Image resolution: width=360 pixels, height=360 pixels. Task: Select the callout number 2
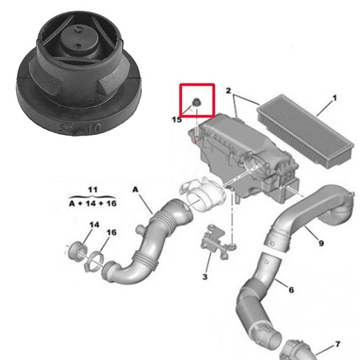(x=229, y=91)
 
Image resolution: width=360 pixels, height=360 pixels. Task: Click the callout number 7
(x=337, y=344)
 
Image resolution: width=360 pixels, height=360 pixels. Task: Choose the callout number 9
(x=321, y=243)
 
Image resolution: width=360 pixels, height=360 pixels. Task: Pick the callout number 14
(x=94, y=225)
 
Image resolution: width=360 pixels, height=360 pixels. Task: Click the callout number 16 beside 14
(x=111, y=233)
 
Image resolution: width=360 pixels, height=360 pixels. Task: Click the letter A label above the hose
(x=136, y=189)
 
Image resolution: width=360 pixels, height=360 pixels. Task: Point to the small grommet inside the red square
(x=197, y=104)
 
